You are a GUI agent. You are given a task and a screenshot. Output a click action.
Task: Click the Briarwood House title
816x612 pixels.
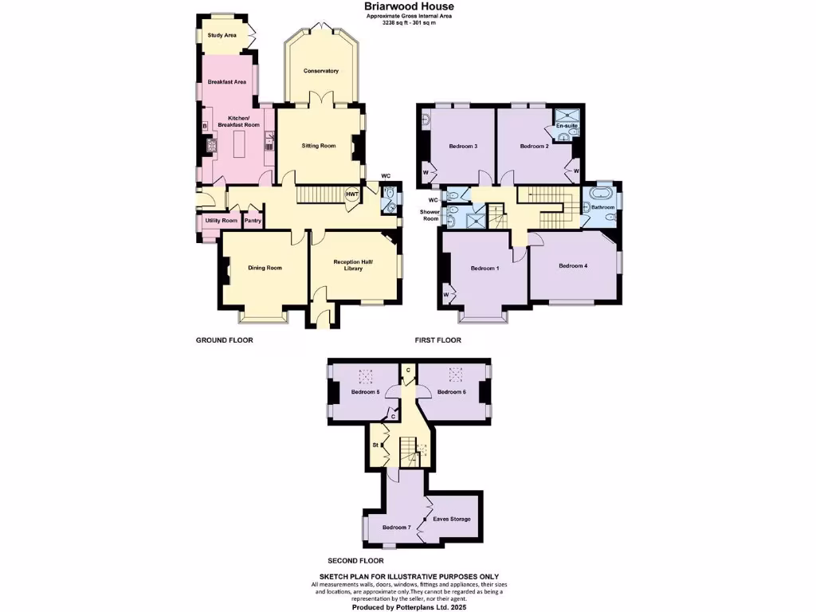click(409, 6)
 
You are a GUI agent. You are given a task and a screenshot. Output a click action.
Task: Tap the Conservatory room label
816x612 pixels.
click(320, 71)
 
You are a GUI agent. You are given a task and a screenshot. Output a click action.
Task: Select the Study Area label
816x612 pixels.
click(222, 35)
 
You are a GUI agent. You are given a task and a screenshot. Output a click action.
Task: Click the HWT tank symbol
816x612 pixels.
click(351, 193)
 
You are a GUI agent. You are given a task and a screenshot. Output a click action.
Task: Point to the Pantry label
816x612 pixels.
click(253, 221)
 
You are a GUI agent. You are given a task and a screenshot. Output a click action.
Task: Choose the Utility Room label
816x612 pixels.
click(221, 221)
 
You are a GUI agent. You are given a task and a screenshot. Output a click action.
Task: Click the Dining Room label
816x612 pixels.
click(265, 268)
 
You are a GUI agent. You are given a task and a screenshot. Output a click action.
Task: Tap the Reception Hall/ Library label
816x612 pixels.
click(353, 265)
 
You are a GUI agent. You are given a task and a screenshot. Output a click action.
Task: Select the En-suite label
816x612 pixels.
click(566, 126)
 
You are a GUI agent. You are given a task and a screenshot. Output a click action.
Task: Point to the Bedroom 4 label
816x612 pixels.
click(573, 265)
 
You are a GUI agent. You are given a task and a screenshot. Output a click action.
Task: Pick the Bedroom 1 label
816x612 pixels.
click(484, 268)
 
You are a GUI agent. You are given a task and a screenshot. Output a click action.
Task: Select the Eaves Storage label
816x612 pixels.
click(451, 519)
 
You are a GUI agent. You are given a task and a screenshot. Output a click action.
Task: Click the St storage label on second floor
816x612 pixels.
click(375, 445)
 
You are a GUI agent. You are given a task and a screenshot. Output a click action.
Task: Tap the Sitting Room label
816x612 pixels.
click(318, 146)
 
